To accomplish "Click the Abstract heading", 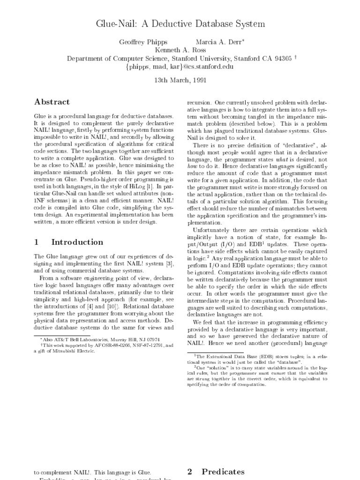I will (x=52, y=102).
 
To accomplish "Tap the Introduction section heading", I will (x=77, y=242).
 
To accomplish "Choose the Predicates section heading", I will (x=223, y=472).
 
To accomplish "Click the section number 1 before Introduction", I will (x=37, y=242).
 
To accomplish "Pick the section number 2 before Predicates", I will (x=190, y=472).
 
